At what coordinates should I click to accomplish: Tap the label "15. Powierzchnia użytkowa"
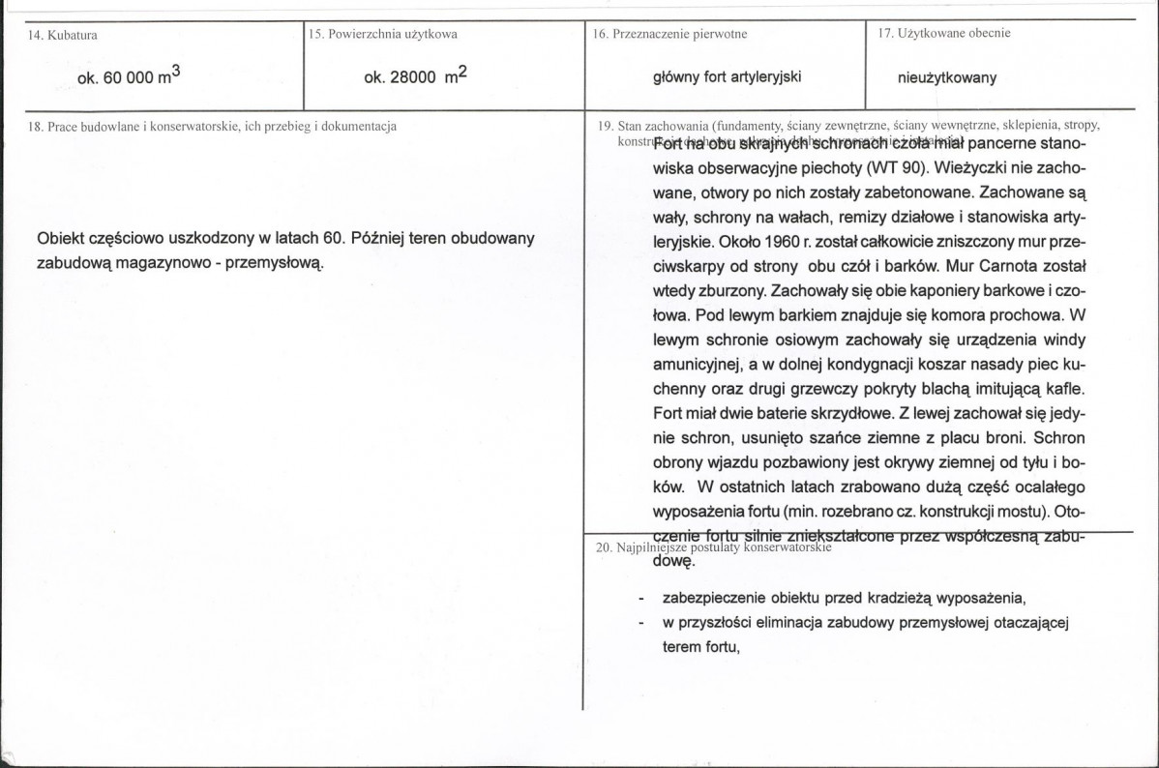click(x=383, y=34)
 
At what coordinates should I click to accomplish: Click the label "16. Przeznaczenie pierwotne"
click(x=670, y=34)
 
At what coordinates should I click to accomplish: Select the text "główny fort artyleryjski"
click(x=728, y=77)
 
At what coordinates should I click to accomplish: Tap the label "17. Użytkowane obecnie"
click(x=944, y=33)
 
